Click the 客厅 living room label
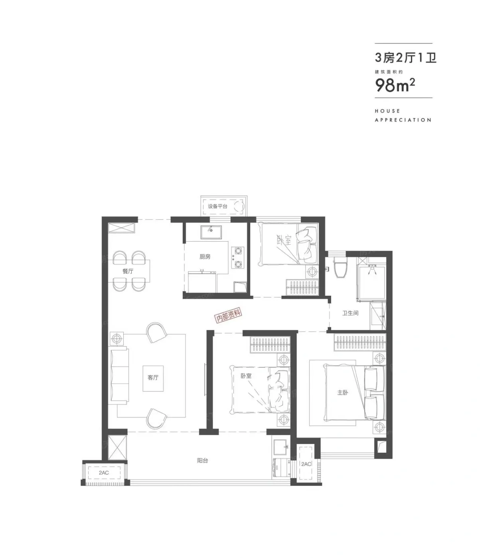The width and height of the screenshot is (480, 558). [153, 377]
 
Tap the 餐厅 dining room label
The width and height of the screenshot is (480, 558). [128, 271]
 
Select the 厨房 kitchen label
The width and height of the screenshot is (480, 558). [205, 256]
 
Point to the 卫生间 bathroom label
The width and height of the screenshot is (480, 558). [350, 313]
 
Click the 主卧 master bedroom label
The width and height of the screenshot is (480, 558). [342, 393]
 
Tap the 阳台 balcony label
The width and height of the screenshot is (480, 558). [202, 460]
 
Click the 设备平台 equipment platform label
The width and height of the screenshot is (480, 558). [217, 206]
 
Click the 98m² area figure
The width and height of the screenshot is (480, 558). [395, 85]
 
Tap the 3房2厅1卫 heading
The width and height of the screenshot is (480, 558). [405, 58]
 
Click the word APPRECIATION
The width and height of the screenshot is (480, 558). [403, 120]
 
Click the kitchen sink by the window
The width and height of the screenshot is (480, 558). [211, 232]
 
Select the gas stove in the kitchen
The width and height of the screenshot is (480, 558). [238, 257]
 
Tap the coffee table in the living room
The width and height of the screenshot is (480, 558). [153, 379]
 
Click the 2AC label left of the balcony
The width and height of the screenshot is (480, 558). [104, 473]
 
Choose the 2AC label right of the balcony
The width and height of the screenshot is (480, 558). [306, 464]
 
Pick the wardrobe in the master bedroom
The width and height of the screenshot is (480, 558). [360, 343]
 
